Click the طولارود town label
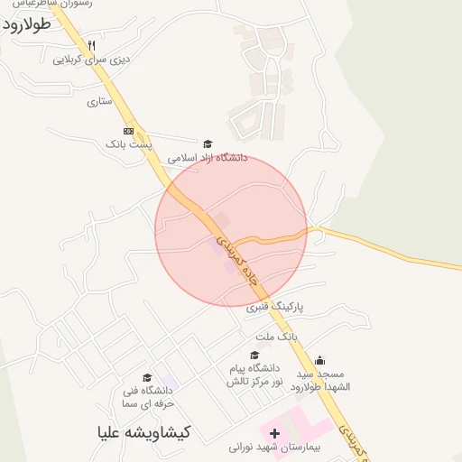[x=37, y=25]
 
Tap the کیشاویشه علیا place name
[x=145, y=432]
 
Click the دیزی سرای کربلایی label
[x=91, y=60]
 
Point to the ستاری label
[x=99, y=102]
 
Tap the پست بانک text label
[x=129, y=144]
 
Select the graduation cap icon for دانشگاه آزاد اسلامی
[x=208, y=143]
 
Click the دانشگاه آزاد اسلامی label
[x=207, y=157]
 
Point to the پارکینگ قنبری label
[x=275, y=307]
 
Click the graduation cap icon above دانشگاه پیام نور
[x=254, y=355]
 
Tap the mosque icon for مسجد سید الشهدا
[x=320, y=360]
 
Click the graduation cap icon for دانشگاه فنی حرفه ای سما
[x=147, y=378]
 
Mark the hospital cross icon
[x=274, y=434]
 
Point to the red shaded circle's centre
[x=231, y=230]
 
